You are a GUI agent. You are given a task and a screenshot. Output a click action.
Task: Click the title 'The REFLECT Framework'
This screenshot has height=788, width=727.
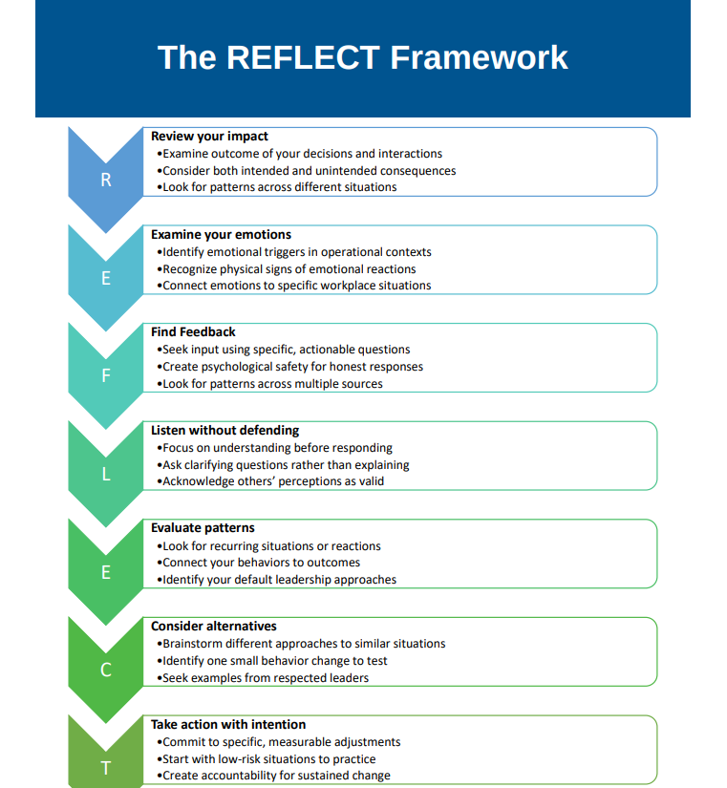(363, 57)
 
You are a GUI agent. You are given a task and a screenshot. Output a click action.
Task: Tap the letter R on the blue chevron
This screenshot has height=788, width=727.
(106, 180)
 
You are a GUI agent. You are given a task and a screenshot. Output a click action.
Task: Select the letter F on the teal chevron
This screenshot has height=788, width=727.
(106, 375)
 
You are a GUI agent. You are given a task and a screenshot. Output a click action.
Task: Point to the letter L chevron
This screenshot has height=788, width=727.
(106, 474)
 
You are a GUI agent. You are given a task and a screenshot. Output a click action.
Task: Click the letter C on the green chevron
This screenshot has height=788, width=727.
(106, 670)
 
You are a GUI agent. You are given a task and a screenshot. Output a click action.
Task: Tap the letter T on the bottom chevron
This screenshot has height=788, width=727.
(106, 767)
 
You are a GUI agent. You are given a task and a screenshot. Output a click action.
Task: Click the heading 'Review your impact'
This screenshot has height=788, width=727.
(209, 137)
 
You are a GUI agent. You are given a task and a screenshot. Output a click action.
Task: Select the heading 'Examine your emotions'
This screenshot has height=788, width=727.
(221, 234)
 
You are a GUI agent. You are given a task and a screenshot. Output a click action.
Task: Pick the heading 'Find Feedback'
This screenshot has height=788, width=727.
(193, 332)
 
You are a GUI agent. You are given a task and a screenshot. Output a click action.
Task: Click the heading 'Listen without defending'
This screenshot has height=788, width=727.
(225, 431)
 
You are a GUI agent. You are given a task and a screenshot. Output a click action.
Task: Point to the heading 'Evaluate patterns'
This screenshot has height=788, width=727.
(203, 528)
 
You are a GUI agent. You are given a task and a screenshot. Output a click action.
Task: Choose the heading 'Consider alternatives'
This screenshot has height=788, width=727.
(214, 627)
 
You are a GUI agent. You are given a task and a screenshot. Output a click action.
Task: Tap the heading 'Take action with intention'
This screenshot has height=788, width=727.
(228, 724)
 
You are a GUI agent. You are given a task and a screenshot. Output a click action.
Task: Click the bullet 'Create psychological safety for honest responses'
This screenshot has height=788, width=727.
(292, 367)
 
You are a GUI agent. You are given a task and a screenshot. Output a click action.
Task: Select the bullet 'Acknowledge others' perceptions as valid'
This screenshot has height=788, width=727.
(273, 481)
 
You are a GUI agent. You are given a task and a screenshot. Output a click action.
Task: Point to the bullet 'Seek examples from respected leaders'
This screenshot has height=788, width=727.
(266, 678)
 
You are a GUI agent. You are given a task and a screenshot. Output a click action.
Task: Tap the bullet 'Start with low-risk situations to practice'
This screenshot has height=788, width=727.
(268, 759)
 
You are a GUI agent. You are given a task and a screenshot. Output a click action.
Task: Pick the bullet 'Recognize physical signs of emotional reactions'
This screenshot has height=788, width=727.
(289, 269)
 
